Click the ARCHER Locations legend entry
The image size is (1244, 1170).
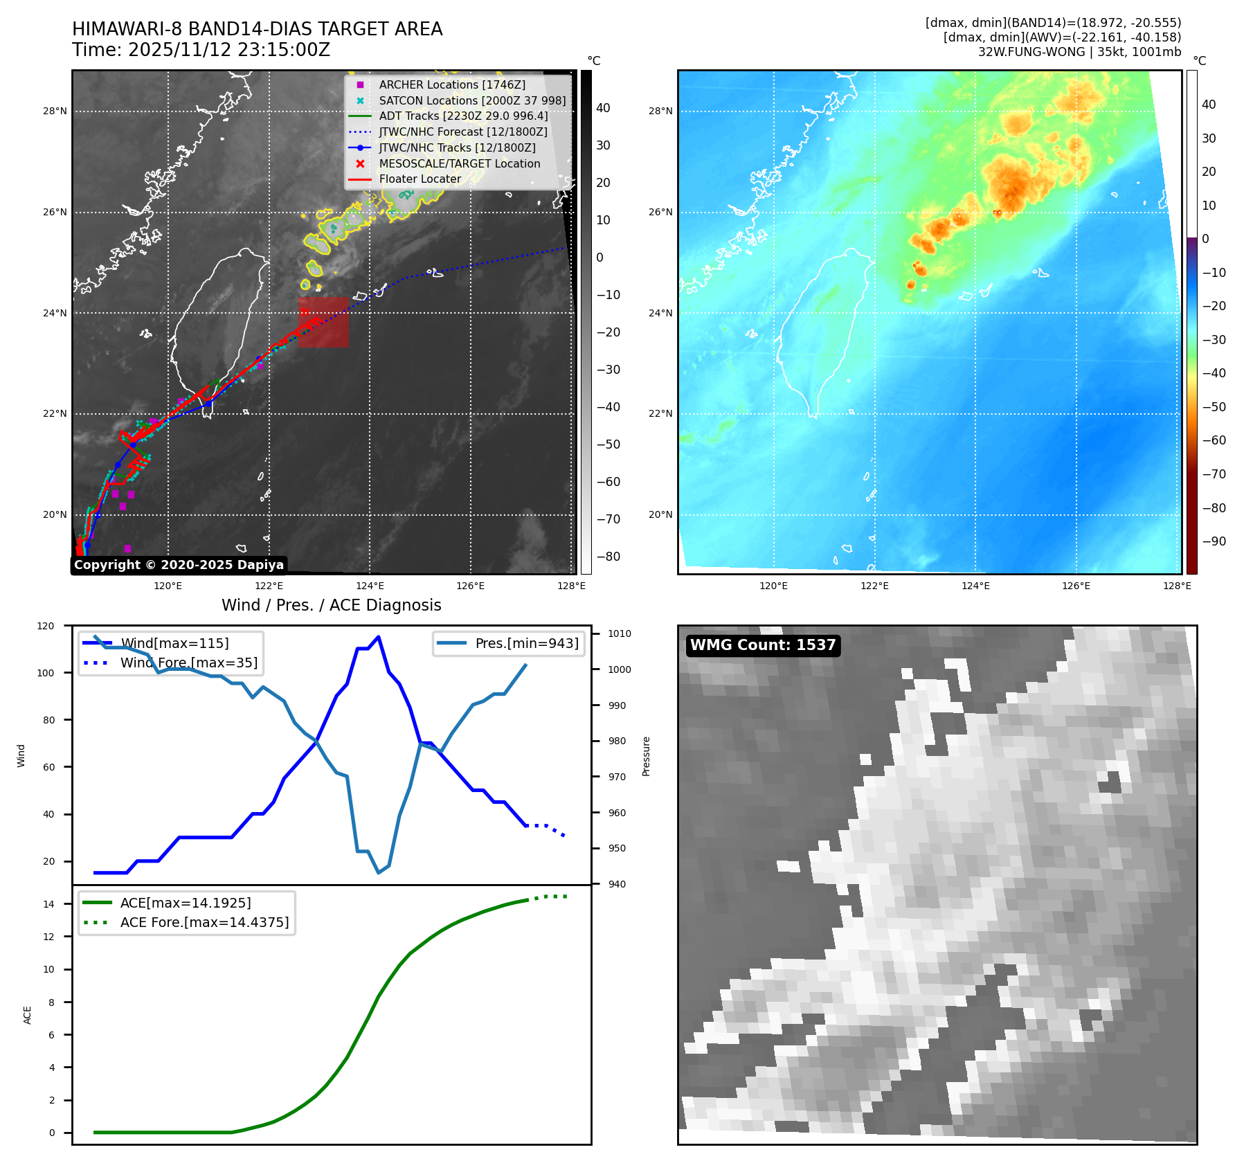[451, 84]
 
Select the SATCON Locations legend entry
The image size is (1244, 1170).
[471, 100]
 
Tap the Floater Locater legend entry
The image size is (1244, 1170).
[420, 179]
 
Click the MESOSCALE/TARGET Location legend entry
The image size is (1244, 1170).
[459, 163]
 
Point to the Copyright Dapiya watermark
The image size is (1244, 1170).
[179, 565]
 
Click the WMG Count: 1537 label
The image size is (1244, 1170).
[763, 645]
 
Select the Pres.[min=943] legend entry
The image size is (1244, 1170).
[526, 643]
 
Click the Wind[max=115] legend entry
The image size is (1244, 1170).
[174, 643]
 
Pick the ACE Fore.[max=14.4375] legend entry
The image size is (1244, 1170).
[204, 922]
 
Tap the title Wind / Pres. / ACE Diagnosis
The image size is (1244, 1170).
[331, 605]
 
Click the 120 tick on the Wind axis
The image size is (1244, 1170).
[46, 626]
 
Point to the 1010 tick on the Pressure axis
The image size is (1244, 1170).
[620, 633]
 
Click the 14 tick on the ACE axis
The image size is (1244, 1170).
[48, 904]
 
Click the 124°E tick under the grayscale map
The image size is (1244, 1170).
[370, 586]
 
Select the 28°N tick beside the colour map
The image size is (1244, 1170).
[660, 111]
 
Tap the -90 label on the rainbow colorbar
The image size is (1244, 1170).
[1214, 541]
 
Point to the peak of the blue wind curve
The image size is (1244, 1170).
[378, 636]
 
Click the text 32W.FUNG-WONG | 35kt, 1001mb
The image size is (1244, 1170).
[1079, 52]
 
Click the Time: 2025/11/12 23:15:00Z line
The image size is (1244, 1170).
[201, 50]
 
